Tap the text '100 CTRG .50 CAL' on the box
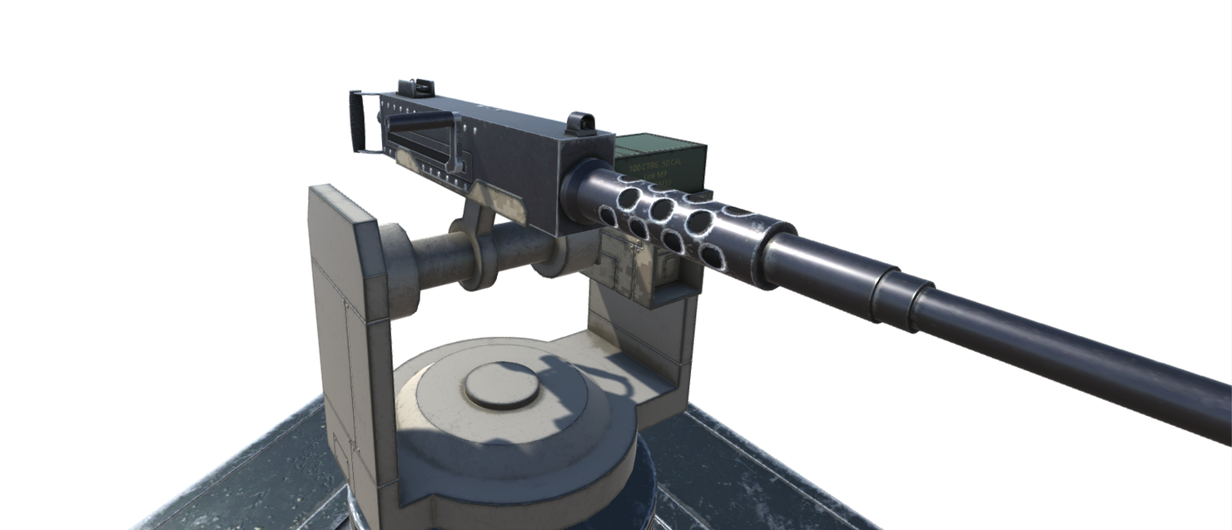[656, 167]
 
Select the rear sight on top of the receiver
[414, 87]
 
